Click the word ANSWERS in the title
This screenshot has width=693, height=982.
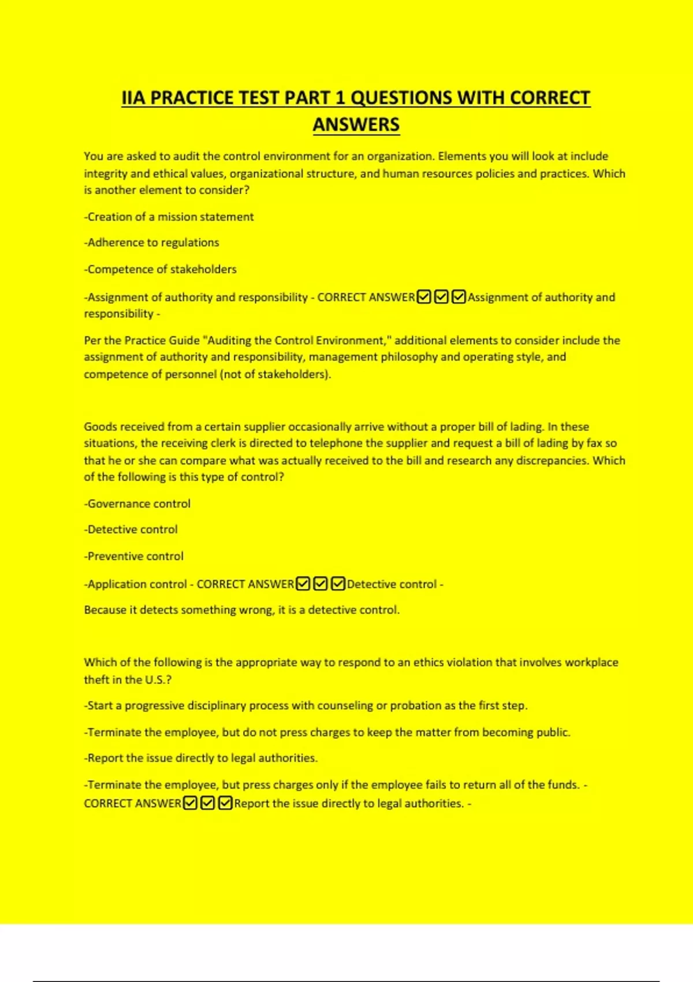click(356, 125)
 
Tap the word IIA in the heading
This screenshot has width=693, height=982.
click(133, 98)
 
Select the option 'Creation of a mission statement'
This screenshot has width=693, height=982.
click(169, 217)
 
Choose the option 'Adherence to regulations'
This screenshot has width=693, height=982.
click(152, 243)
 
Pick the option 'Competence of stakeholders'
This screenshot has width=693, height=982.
click(161, 269)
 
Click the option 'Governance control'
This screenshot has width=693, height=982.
click(137, 504)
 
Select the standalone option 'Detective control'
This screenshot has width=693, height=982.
click(131, 529)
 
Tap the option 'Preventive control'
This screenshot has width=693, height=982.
click(134, 556)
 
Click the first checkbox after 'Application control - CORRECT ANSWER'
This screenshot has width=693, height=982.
click(303, 584)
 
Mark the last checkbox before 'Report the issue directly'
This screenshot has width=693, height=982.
click(226, 803)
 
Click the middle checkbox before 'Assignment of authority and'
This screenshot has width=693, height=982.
click(441, 297)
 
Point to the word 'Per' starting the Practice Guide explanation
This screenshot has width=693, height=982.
click(92, 340)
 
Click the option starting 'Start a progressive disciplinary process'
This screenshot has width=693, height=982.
click(306, 705)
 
